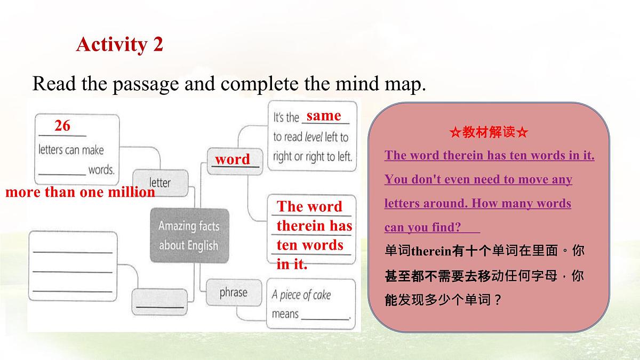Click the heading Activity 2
[119, 44]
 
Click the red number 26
[62, 126]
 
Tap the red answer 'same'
[324, 116]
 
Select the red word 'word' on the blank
[232, 159]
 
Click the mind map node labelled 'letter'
[160, 182]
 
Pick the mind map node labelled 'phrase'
[233, 292]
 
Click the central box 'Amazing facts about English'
[189, 235]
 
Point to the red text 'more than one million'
[80, 193]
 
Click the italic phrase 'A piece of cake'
[301, 295]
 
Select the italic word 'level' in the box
[314, 137]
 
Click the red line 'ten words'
[310, 245]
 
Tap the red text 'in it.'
[292, 264]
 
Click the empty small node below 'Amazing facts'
[159, 300]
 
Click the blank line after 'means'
[325, 316]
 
